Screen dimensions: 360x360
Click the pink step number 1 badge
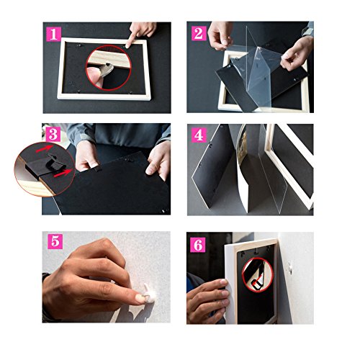(x=53, y=34)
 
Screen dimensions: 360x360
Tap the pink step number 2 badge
(x=199, y=33)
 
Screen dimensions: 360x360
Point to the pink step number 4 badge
(x=199, y=135)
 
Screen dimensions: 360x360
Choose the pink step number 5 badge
(x=55, y=241)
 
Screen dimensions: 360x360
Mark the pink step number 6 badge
(x=198, y=245)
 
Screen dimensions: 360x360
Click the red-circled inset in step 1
(x=109, y=68)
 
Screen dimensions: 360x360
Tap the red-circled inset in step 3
(x=45, y=169)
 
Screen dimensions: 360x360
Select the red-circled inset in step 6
(x=258, y=275)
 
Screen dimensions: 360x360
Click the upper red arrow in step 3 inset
(x=45, y=148)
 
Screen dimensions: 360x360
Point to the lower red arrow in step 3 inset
(x=63, y=174)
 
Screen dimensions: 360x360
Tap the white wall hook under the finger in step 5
(x=150, y=294)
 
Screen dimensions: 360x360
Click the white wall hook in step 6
(x=290, y=266)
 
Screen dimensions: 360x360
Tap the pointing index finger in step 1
(x=135, y=36)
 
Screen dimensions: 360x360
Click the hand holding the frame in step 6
(x=207, y=300)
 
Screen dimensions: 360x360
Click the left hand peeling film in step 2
(x=220, y=35)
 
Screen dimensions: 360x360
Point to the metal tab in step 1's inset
(x=106, y=70)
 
